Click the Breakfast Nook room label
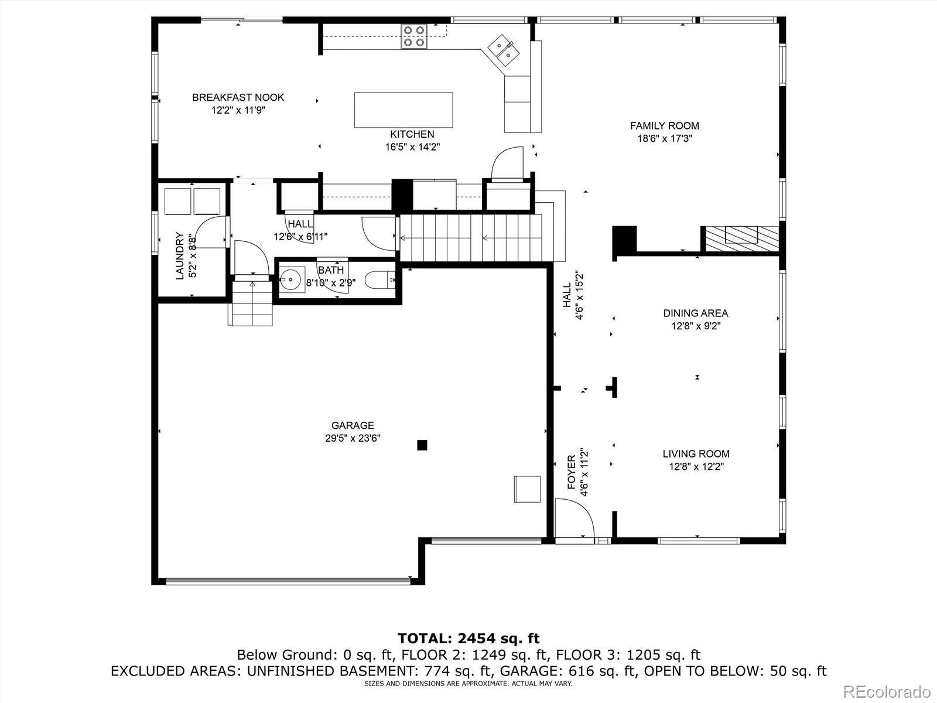tap(238, 97)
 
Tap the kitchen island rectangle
tap(403, 110)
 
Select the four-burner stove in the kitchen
tap(413, 36)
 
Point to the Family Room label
tap(664, 126)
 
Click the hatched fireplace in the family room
tap(741, 239)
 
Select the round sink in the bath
tap(292, 279)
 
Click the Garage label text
tap(353, 425)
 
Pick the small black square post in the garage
tap(422, 445)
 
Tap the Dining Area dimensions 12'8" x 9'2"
tap(696, 326)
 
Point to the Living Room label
tap(696, 453)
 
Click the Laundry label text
tap(180, 255)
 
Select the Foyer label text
tap(572, 472)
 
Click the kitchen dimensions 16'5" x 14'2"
tap(412, 147)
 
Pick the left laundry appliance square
tap(177, 201)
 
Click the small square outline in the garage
tap(527, 489)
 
